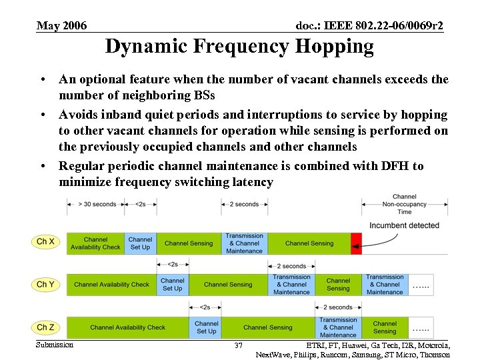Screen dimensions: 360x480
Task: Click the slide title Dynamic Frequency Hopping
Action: (239, 47)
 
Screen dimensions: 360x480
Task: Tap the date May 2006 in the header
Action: (61, 26)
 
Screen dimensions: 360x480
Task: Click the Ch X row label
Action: (46, 241)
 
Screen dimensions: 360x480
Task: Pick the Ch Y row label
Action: (46, 285)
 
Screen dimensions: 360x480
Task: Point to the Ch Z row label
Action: (46, 327)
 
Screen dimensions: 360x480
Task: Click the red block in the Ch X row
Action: (356, 243)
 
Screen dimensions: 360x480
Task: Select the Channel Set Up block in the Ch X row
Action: (140, 243)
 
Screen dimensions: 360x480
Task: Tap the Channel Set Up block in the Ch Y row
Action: (172, 285)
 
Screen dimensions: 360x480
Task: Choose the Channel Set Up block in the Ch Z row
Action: (206, 327)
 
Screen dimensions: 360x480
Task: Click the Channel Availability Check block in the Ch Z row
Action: (128, 327)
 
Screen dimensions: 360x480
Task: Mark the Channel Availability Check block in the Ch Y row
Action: (111, 285)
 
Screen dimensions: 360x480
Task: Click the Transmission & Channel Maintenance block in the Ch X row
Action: (244, 243)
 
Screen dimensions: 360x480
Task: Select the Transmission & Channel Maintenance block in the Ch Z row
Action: (338, 327)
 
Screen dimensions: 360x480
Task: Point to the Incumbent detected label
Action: (405, 225)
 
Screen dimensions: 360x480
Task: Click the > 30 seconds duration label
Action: (97, 204)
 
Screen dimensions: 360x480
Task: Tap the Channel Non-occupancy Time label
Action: (405, 204)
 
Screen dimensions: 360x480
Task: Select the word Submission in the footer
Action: (55, 345)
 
